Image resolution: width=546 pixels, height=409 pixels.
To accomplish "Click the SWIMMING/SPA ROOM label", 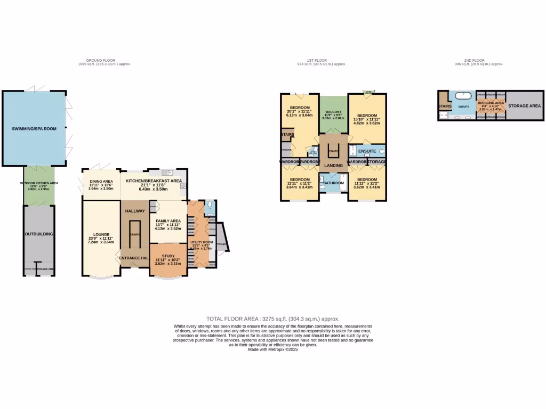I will tap(34, 129).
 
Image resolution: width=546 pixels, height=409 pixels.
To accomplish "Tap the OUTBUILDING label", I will tap(38, 233).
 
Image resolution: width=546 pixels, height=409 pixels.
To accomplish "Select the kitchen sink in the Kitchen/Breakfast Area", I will tap(168, 173).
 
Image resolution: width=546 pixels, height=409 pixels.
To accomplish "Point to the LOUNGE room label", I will tap(101, 234).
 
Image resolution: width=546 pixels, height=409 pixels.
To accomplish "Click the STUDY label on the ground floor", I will tap(168, 256).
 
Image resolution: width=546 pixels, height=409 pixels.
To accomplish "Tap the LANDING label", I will tap(333, 166).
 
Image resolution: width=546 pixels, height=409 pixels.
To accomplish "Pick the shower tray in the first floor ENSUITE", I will tap(352, 150).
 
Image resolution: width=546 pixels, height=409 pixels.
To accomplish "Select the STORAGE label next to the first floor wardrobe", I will tap(376, 161).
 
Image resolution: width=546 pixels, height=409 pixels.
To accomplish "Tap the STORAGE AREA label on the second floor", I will tap(524, 106).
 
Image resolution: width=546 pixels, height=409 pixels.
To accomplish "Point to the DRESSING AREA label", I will tap(490, 103).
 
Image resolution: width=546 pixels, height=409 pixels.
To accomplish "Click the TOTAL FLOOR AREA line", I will tap(272, 318).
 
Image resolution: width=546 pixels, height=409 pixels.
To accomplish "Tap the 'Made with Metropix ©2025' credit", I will tap(272, 350).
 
